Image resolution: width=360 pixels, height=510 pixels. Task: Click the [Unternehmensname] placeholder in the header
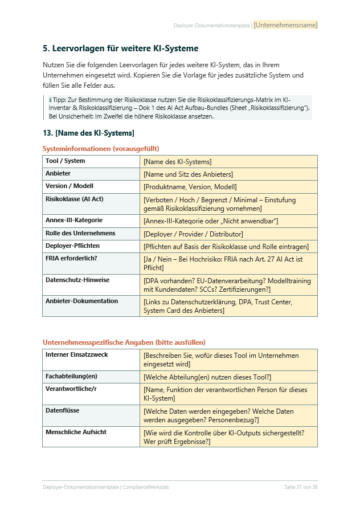(x=285, y=25)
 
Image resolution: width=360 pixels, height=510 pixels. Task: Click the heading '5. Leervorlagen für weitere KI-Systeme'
(x=120, y=49)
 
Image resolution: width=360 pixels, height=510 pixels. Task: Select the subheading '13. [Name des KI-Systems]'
(x=88, y=133)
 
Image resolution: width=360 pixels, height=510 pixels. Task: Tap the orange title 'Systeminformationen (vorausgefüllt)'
(x=101, y=149)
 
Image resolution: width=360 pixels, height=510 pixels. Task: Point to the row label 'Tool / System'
(x=66, y=161)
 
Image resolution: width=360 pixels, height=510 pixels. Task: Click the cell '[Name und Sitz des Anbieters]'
(x=188, y=174)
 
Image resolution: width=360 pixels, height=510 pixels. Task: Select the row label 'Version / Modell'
(x=69, y=186)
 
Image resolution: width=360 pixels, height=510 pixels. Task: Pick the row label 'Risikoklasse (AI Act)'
(x=75, y=199)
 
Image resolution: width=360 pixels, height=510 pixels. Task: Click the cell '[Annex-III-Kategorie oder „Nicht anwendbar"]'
(x=211, y=221)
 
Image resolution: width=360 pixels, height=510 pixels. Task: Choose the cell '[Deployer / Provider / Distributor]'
(x=193, y=234)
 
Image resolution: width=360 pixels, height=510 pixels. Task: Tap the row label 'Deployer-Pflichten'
(x=73, y=246)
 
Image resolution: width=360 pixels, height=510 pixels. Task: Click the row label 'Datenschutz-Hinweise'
(x=77, y=280)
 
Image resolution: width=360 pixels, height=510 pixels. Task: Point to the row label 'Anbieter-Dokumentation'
(x=82, y=301)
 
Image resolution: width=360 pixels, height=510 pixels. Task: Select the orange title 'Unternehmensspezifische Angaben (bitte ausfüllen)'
(x=124, y=342)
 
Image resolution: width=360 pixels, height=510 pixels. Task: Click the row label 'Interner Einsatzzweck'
(x=77, y=355)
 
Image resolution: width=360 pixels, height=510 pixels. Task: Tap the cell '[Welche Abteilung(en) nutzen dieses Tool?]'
(x=207, y=377)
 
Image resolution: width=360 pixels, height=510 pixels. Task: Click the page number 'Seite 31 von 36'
(x=301, y=487)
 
